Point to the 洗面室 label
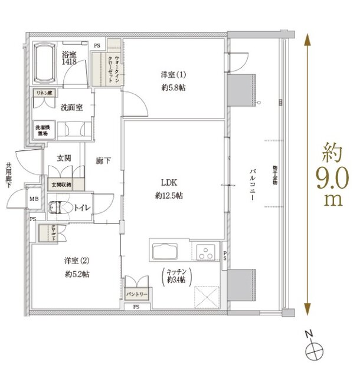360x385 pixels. [x=70, y=107]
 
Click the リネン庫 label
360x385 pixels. [x=44, y=94]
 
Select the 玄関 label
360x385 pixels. [x=65, y=159]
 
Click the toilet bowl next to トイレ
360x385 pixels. [x=60, y=207]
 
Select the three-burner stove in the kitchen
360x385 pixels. [x=207, y=254]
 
